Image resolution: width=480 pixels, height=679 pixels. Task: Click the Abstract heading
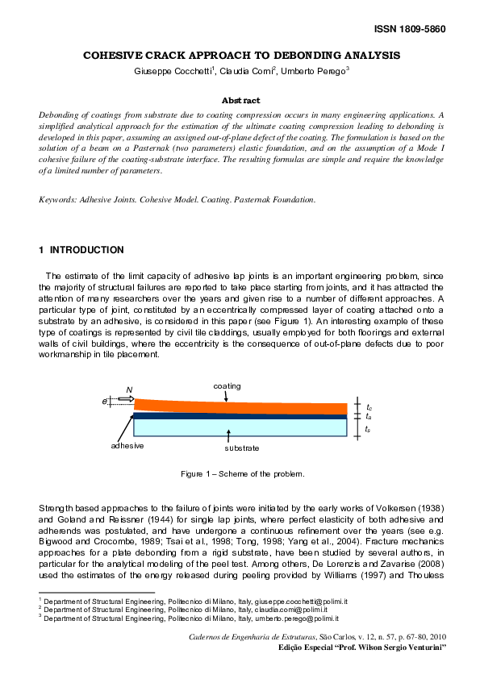(240, 101)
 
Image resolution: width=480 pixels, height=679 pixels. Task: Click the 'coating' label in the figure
(227, 386)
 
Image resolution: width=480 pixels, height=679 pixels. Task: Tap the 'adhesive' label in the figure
(127, 445)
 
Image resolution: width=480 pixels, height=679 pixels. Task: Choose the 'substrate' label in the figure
(241, 448)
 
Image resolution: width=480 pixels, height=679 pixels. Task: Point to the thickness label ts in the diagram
(368, 430)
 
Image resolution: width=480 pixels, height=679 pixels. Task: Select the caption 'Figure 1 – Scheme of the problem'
(242, 473)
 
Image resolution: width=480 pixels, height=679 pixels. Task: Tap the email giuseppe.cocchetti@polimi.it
(277, 601)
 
